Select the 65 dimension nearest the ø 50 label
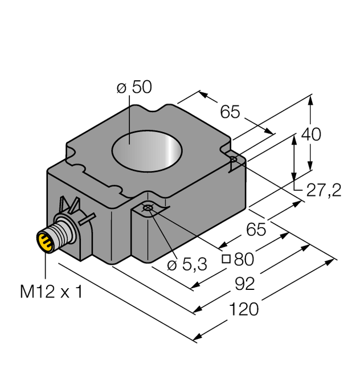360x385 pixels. (x=230, y=112)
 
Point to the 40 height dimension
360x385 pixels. (x=311, y=134)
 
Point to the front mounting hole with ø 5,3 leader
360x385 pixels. (x=148, y=207)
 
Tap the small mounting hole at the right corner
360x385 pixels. (x=234, y=159)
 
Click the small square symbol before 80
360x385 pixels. (x=226, y=260)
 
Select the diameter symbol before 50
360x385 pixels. (x=121, y=88)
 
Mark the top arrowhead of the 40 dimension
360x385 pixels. (x=310, y=99)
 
